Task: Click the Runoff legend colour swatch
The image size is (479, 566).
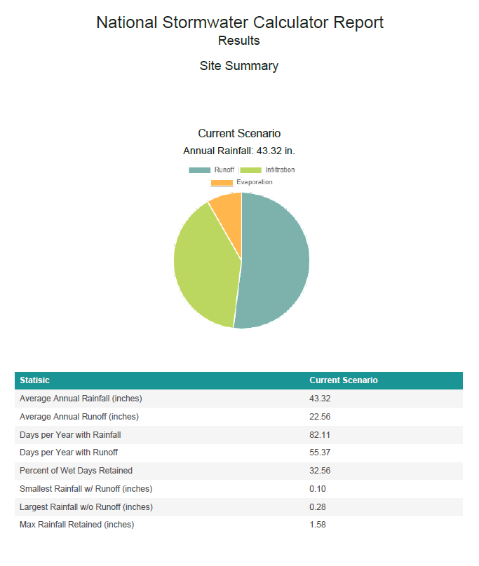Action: tap(200, 170)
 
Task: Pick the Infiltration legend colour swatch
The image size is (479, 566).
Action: tap(250, 170)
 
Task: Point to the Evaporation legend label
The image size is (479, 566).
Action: tap(255, 182)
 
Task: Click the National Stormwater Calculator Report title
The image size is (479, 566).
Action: tap(240, 22)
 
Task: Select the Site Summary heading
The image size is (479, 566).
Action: tap(239, 66)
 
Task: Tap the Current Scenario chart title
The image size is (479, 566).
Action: tap(239, 133)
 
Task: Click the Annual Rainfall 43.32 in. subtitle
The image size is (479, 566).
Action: tap(239, 151)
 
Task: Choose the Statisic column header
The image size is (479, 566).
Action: tap(34, 380)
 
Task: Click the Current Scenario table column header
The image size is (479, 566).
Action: tap(344, 380)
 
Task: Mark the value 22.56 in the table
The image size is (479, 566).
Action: tap(320, 417)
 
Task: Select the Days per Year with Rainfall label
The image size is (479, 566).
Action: tap(70, 434)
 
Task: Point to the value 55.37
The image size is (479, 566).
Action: tap(320, 453)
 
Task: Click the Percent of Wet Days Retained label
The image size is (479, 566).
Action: tap(76, 470)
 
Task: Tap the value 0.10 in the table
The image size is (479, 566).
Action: tap(318, 489)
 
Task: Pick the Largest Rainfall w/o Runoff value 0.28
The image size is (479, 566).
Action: tap(318, 506)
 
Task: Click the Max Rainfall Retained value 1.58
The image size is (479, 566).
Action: tap(318, 525)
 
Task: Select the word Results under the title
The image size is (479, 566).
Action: tap(239, 41)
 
